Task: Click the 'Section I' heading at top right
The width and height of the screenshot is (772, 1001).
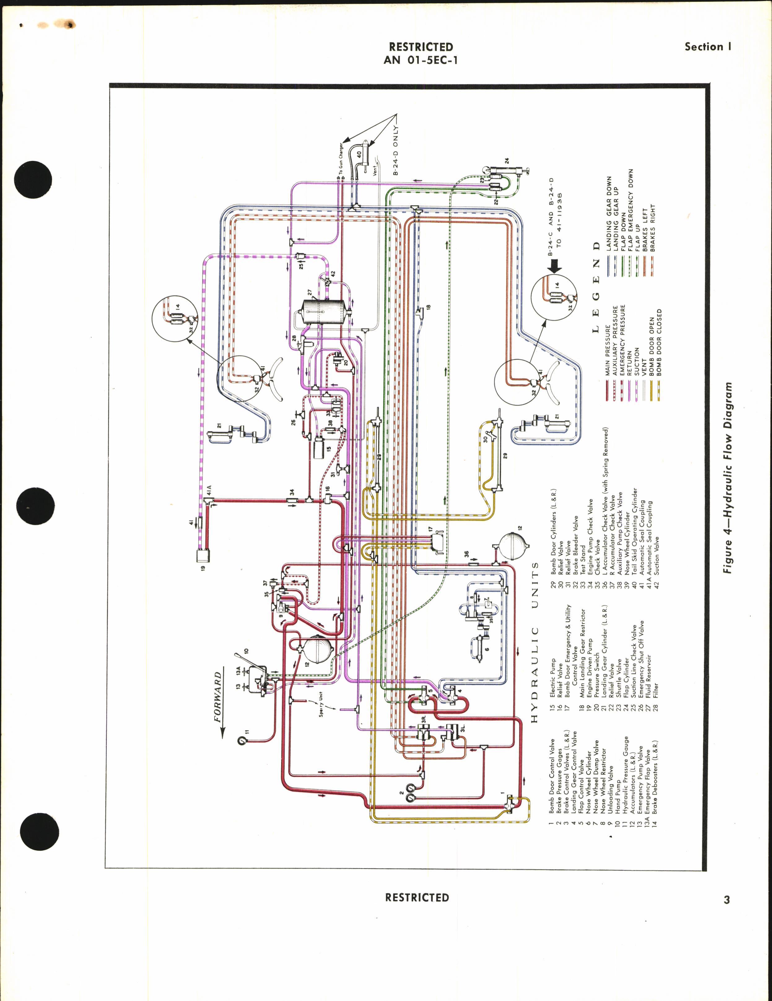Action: pyautogui.click(x=707, y=46)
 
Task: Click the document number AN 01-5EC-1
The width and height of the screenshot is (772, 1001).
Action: pyautogui.click(x=421, y=60)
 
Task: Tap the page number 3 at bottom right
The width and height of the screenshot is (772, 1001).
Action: pyautogui.click(x=726, y=900)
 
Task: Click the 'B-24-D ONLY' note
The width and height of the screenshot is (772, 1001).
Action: pyautogui.click(x=396, y=151)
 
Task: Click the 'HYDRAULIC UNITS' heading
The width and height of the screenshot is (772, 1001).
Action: pyautogui.click(x=534, y=642)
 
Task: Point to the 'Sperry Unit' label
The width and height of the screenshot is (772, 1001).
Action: pyautogui.click(x=321, y=704)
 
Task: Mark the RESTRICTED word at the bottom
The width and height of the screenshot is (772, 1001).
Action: pyautogui.click(x=417, y=897)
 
